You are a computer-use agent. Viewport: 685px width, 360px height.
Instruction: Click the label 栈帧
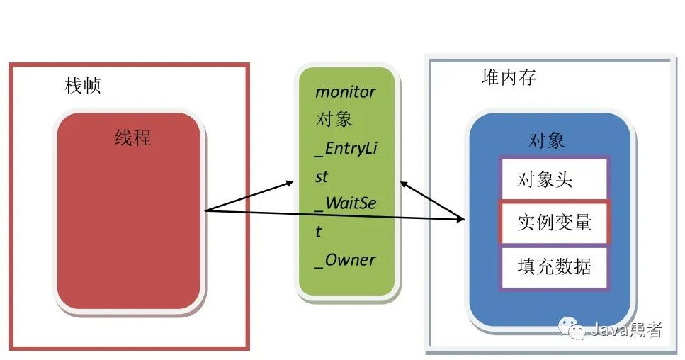pyautogui.click(x=83, y=86)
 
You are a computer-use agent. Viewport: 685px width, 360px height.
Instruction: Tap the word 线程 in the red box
pyautogui.click(x=133, y=137)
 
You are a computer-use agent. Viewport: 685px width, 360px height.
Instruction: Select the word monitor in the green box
pyautogui.click(x=345, y=92)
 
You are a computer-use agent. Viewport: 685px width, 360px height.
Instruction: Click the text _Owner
pyautogui.click(x=345, y=260)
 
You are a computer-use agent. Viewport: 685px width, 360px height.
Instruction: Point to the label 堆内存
pyautogui.click(x=509, y=77)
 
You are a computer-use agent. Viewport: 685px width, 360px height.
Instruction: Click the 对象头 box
pyautogui.click(x=553, y=179)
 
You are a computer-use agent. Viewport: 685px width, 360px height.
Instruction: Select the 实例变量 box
pyautogui.click(x=553, y=223)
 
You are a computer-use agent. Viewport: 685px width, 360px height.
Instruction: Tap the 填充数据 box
pyautogui.click(x=553, y=267)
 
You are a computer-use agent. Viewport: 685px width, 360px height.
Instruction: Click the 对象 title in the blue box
pyautogui.click(x=546, y=140)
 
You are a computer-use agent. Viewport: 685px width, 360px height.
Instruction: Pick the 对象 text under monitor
pyautogui.click(x=334, y=119)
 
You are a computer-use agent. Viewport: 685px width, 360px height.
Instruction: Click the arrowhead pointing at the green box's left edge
pyautogui.click(x=290, y=183)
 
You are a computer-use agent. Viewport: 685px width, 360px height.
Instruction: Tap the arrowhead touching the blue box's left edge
pyautogui.click(x=461, y=220)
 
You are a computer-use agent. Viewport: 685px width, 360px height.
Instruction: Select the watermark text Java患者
pyautogui.click(x=626, y=330)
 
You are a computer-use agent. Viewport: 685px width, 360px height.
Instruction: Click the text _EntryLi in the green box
pyautogui.click(x=345, y=148)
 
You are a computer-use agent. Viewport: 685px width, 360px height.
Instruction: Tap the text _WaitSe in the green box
pyautogui.click(x=345, y=204)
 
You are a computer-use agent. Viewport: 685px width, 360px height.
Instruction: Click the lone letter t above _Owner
pyautogui.click(x=319, y=232)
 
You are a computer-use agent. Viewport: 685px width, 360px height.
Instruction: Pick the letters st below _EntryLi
pyautogui.click(x=322, y=176)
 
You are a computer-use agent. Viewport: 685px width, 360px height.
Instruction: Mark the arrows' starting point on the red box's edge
pyautogui.click(x=205, y=210)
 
